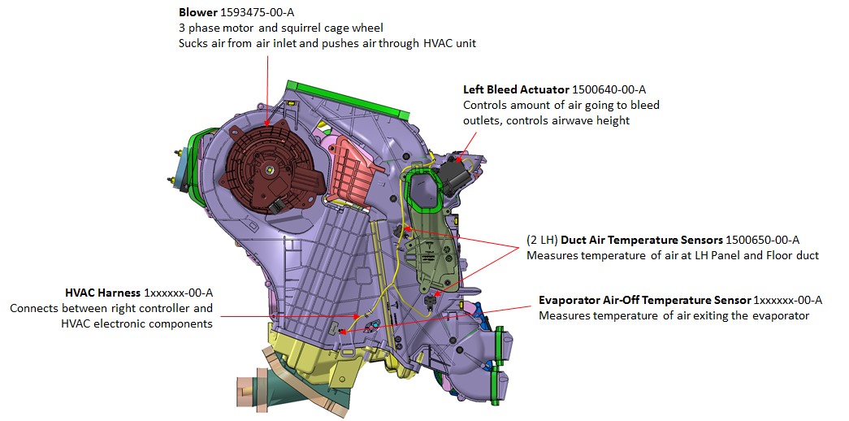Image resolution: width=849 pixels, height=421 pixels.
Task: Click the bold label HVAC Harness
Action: pyautogui.click(x=103, y=293)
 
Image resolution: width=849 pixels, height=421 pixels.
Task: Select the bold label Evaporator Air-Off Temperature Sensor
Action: pyautogui.click(x=645, y=300)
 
